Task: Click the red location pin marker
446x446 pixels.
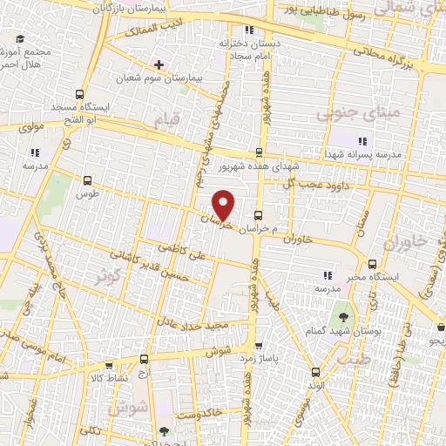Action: [224, 205]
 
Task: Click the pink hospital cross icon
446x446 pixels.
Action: [159, 64]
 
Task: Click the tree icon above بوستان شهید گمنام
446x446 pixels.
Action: [343, 316]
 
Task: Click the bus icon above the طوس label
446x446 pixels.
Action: [86, 179]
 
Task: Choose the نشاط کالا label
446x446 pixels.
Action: [106, 377]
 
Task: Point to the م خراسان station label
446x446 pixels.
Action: [261, 229]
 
